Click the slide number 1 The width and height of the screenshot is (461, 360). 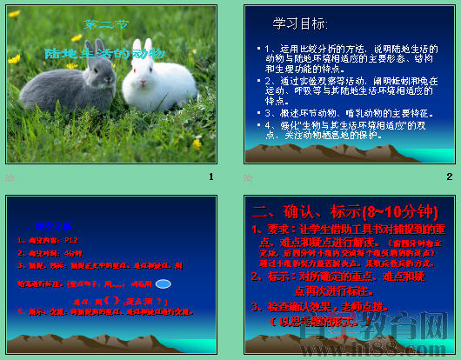(x=210, y=177)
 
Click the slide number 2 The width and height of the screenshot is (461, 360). (x=449, y=177)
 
